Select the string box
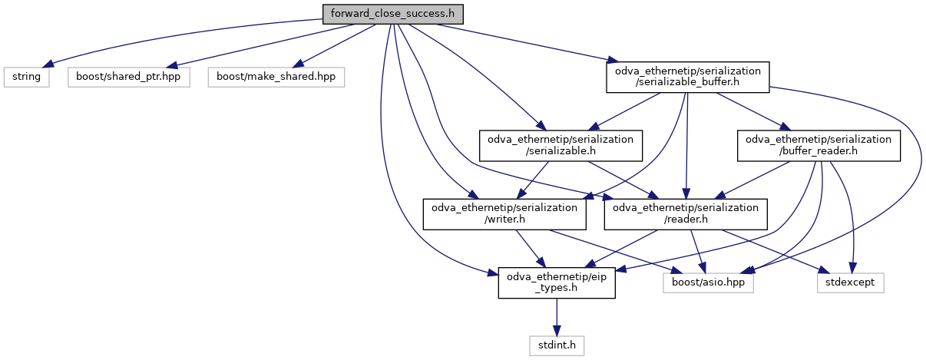pos(26,78)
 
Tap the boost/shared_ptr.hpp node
pos(127,78)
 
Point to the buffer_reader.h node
pos(819,145)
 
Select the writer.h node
pos(504,214)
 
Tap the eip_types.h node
pos(557,282)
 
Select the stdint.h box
pos(557,346)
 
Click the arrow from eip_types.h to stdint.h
pos(557,318)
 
